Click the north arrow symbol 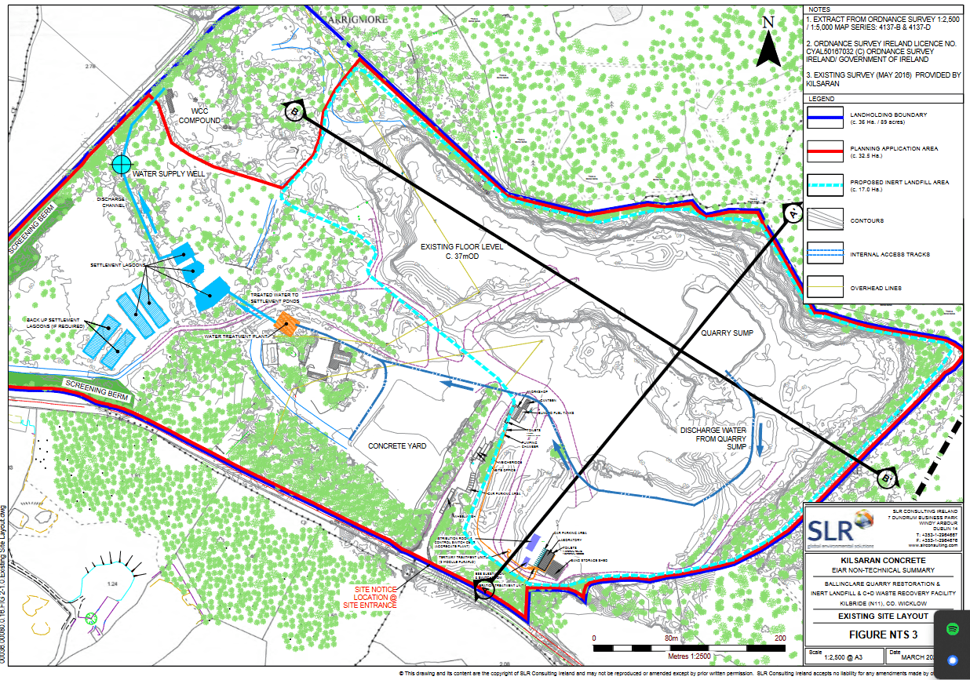[769, 44]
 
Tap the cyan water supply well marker [121, 164]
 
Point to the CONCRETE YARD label [397, 445]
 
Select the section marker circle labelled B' [887, 476]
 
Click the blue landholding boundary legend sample [823, 118]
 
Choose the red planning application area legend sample [823, 151]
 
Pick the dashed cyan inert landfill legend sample [823, 186]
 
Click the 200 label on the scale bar [779, 638]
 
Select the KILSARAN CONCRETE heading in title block [883, 562]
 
